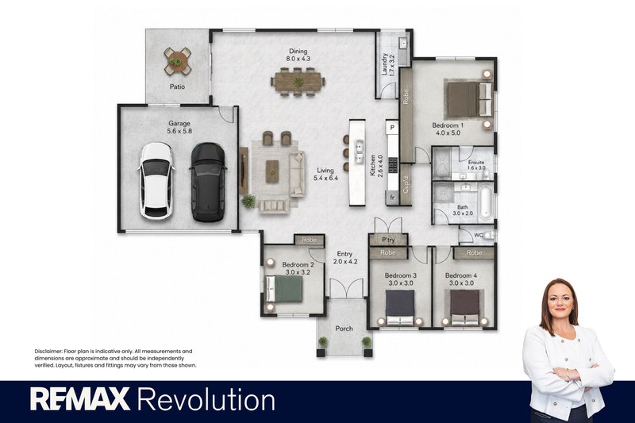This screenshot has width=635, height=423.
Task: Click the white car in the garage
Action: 156,181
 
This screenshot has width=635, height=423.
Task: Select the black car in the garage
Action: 208,183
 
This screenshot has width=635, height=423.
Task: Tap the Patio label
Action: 177,87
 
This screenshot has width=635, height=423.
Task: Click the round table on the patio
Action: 178,61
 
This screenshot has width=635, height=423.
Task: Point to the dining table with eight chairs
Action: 298,82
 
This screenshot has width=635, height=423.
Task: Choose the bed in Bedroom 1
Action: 469,99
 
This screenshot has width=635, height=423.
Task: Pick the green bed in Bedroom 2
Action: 284,289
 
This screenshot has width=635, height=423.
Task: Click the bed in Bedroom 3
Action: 400,307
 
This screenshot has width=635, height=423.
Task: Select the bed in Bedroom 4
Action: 465,307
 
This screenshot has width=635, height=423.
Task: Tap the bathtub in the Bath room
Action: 486,202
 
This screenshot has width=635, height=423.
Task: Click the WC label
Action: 479,235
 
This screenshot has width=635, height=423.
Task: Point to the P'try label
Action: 388,240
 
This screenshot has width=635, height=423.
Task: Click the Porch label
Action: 344,329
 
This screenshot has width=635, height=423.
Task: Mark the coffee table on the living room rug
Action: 272,171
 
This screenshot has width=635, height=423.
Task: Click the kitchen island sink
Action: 359,152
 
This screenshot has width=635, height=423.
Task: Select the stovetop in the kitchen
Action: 393,165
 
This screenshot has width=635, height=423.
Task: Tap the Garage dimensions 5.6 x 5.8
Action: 179,131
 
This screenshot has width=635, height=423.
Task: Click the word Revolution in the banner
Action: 206,400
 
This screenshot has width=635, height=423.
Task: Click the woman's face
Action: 560,300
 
